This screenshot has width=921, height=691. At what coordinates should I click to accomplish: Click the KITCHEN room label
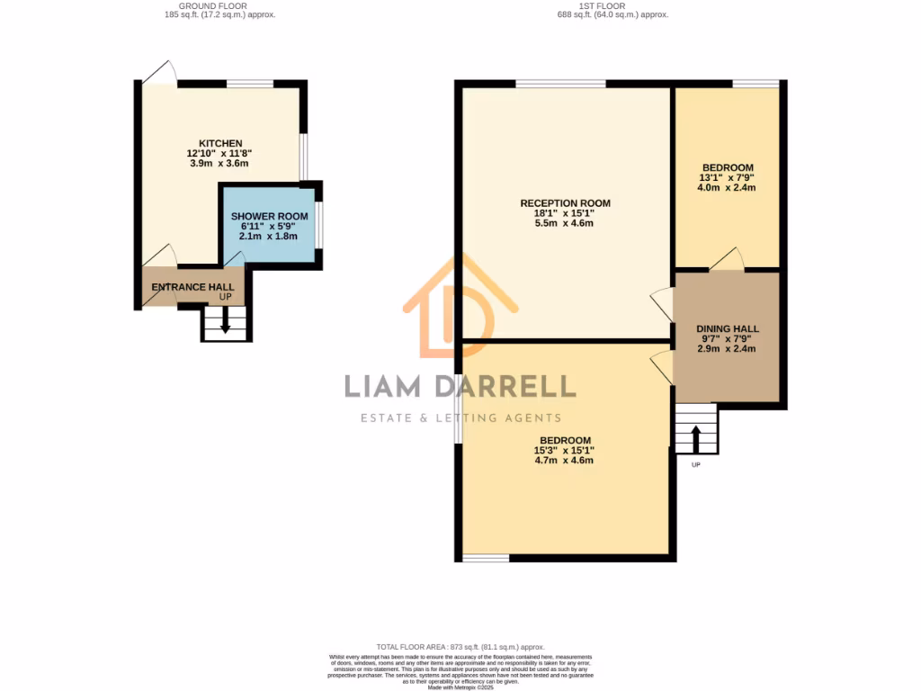[220, 143]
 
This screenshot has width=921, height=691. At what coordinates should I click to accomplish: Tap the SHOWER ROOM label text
[269, 217]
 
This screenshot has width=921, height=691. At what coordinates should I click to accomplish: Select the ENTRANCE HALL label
[192, 287]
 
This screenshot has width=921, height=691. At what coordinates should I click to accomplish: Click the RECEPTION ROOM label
[565, 203]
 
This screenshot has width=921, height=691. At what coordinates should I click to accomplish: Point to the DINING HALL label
[728, 329]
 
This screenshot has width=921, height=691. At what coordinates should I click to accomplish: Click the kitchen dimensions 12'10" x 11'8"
[220, 154]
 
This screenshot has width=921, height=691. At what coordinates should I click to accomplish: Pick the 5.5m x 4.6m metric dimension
[564, 223]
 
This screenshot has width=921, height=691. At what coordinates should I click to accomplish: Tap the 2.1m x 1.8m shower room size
[269, 236]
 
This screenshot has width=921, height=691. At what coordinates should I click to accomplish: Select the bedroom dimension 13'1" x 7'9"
[728, 178]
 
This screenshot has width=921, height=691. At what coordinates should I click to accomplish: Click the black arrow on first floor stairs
[696, 438]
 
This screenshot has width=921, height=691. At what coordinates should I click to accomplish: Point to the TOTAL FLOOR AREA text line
[460, 646]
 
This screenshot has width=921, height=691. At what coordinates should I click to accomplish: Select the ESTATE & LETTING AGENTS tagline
[460, 417]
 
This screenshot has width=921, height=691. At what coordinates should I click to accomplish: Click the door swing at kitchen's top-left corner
[160, 72]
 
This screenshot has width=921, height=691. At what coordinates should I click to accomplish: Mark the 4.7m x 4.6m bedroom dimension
[564, 460]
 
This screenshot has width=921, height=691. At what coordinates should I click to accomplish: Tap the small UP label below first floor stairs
[695, 465]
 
